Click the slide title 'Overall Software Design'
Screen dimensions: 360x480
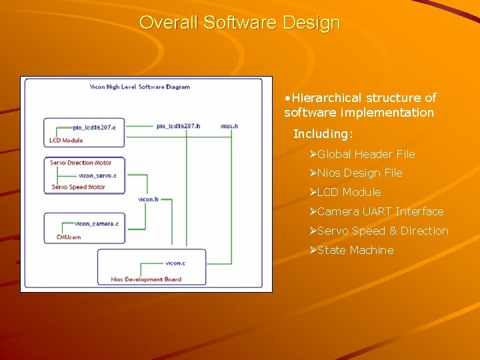coord(240,23)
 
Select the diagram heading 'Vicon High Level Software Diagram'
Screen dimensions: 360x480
coord(140,87)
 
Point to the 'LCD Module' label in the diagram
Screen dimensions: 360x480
coord(66,141)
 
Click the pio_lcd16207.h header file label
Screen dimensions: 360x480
coord(178,125)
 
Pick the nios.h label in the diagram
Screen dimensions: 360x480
coord(229,125)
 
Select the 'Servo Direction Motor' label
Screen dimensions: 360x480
coord(81,163)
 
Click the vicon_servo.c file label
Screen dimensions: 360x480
coord(97,175)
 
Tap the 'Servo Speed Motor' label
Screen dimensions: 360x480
coord(79,187)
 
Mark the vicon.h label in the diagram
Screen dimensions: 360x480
coord(148,199)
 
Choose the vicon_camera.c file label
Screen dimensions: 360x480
coord(97,223)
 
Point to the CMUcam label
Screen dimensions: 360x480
coord(69,237)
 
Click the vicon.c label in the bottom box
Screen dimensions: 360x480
coord(175,263)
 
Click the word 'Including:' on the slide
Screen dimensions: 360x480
coord(323,134)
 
